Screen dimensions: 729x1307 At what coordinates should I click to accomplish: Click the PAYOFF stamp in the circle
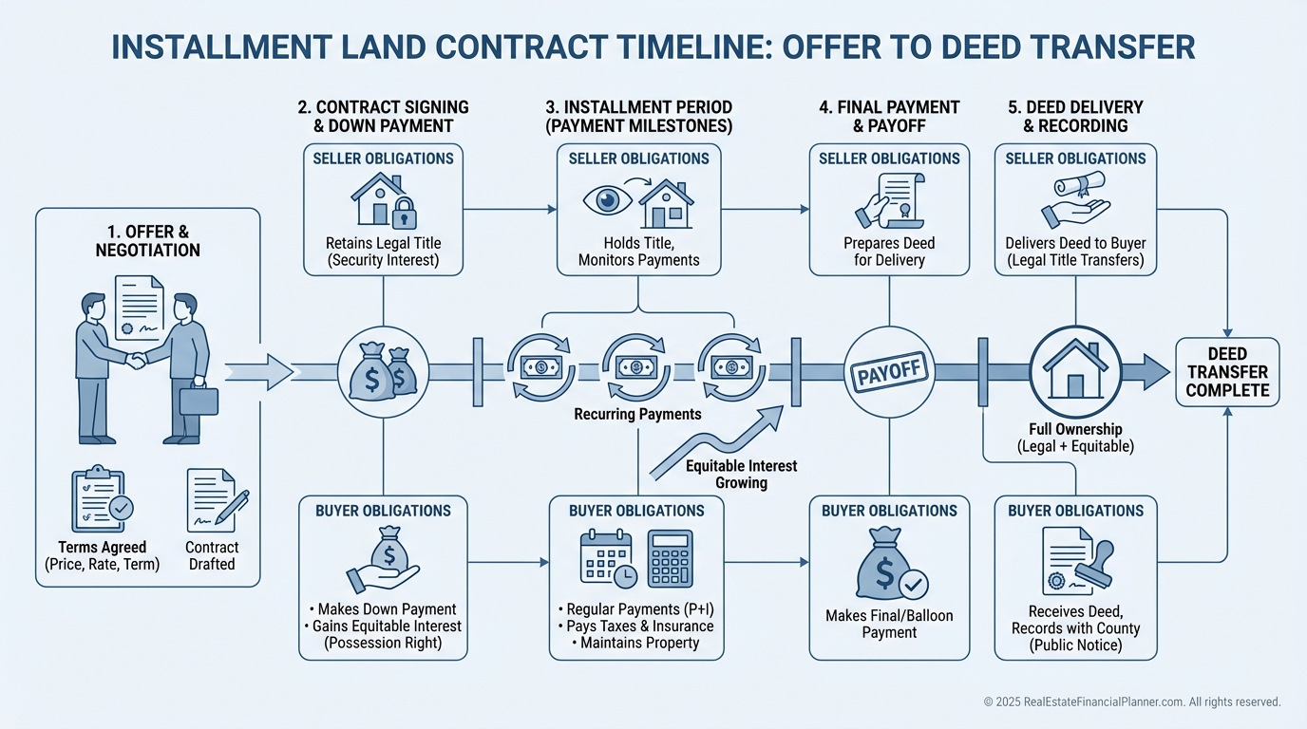[889, 371]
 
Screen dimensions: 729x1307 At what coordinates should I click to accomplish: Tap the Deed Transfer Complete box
[1227, 372]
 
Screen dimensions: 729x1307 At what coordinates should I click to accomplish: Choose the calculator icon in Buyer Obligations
[670, 558]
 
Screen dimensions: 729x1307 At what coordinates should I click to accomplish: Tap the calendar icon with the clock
[607, 558]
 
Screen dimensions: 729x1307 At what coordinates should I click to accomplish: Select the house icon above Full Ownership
[1075, 371]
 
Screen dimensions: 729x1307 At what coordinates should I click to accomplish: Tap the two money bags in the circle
[383, 371]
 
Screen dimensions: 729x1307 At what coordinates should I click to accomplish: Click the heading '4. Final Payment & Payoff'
[889, 116]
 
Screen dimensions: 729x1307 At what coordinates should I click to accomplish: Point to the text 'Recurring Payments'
[637, 414]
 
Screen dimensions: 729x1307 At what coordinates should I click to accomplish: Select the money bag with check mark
[890, 566]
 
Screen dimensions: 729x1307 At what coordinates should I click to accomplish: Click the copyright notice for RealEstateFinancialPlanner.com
[1132, 702]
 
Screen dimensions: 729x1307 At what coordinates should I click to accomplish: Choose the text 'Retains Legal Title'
[383, 243]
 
